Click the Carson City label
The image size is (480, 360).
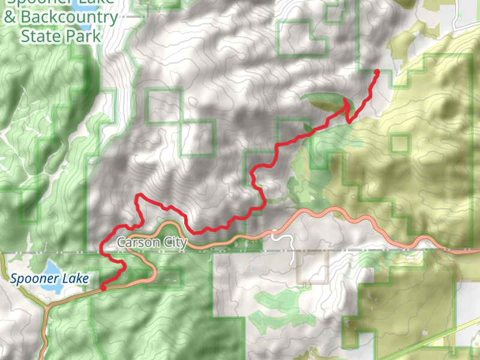(x=152, y=242)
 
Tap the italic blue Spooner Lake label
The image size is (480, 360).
(x=49, y=278)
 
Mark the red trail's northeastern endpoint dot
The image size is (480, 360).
(x=377, y=73)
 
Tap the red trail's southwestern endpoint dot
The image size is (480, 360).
(x=103, y=287)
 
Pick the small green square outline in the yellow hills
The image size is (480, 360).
(x=399, y=143)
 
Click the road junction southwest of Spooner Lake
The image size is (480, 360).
(x=46, y=308)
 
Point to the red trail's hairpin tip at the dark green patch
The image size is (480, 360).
(x=347, y=103)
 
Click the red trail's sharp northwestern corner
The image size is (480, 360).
(x=139, y=196)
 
